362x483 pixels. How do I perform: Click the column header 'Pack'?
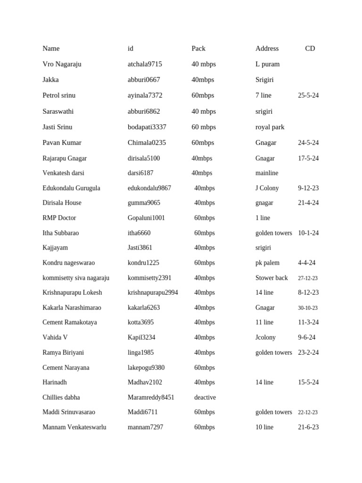click(x=198, y=49)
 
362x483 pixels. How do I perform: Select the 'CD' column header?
click(x=310, y=49)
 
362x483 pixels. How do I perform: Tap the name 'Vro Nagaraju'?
click(x=62, y=64)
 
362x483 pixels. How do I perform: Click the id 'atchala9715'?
click(x=145, y=64)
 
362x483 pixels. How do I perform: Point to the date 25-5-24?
click(x=308, y=95)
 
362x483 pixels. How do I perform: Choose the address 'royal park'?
click(x=270, y=127)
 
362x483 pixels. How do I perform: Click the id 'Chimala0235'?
click(x=147, y=142)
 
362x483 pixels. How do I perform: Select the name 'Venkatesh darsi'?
click(x=63, y=173)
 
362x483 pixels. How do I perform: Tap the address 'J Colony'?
click(x=267, y=188)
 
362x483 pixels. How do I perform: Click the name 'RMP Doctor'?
click(x=59, y=218)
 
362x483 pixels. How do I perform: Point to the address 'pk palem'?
click(x=267, y=263)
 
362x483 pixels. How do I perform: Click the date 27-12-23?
click(x=308, y=278)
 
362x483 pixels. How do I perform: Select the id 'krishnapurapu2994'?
click(x=153, y=292)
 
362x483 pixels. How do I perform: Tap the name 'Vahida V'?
click(x=55, y=337)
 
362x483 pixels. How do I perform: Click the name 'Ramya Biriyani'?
click(x=63, y=352)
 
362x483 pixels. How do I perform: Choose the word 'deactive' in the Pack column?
click(x=205, y=397)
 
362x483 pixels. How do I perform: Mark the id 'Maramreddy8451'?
click(x=151, y=397)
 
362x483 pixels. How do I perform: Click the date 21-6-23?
click(x=308, y=427)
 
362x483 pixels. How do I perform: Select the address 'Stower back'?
click(x=271, y=278)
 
